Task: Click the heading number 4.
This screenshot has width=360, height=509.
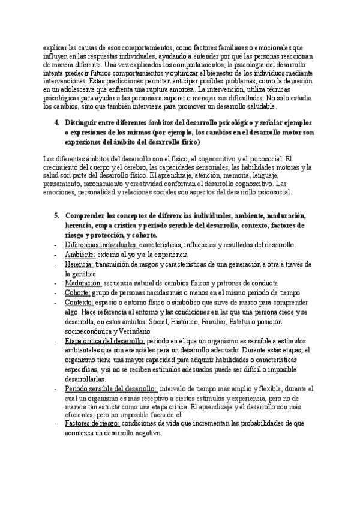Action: click(x=56, y=122)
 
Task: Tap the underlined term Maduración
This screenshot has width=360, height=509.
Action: click(x=83, y=283)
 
